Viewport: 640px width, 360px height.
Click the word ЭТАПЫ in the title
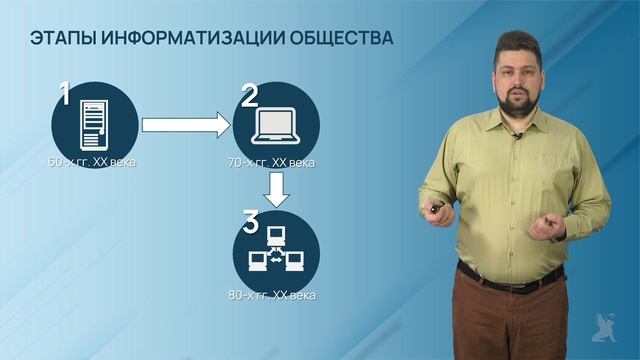tap(60, 39)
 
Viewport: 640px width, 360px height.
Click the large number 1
tap(64, 96)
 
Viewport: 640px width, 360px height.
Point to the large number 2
tap(249, 96)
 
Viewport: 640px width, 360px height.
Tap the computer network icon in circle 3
tap(275, 252)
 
